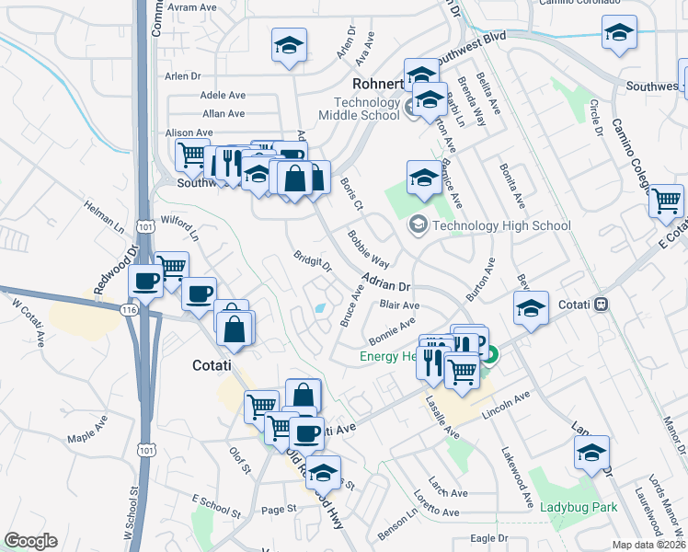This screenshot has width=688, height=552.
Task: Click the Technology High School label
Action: point(501,225)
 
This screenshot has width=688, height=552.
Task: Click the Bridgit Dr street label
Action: point(313,262)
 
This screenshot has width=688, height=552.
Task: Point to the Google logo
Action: point(30,541)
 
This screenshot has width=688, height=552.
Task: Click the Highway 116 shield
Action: point(130,309)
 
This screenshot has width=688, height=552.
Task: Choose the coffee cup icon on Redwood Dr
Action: point(145,280)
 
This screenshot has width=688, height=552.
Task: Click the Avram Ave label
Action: point(194,7)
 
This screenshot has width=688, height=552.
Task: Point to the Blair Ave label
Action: point(399,305)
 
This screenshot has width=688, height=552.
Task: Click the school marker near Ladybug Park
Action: point(591,452)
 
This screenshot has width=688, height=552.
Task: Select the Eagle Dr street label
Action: point(489,537)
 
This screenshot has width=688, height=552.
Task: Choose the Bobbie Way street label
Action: point(368,248)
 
